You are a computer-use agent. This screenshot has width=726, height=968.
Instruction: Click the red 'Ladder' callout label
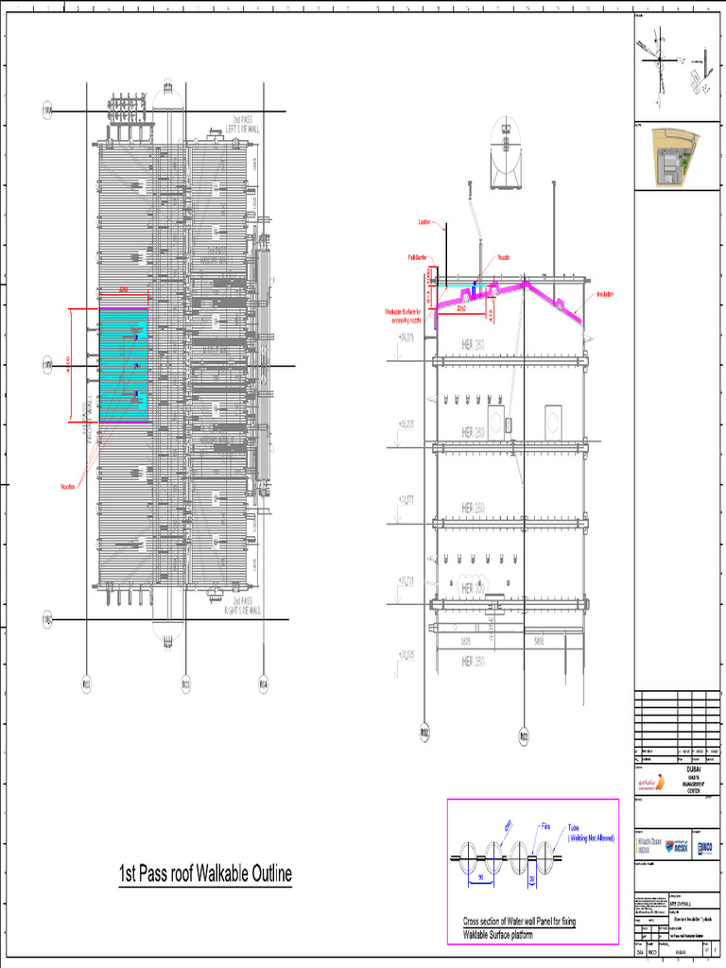(x=424, y=223)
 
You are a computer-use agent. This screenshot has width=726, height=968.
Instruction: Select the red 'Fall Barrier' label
(x=418, y=256)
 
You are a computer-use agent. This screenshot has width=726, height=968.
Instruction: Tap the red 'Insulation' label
(x=605, y=295)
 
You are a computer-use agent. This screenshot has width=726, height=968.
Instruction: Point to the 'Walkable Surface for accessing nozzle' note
(x=407, y=315)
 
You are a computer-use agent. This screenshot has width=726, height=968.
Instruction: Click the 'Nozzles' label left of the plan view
(x=68, y=487)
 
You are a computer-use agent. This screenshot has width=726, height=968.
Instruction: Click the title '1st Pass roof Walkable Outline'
(x=205, y=874)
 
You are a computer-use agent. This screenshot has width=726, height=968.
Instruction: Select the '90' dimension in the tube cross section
(x=479, y=877)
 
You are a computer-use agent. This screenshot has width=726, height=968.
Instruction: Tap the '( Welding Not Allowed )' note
(x=592, y=838)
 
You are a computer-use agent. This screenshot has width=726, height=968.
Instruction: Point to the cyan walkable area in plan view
(x=124, y=364)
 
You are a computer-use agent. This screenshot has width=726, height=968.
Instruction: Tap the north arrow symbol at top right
(x=655, y=64)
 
